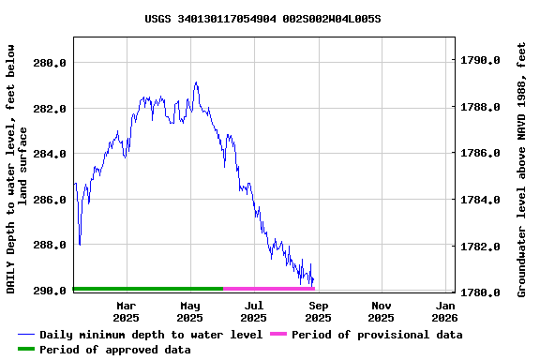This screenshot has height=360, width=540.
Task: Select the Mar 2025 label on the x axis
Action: pos(126,311)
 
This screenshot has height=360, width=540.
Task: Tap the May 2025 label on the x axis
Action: pos(190,311)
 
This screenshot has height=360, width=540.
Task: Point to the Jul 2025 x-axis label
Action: pos(254,311)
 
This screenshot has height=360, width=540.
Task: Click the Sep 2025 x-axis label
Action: pos(319,311)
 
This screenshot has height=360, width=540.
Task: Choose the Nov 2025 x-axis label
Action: pos(382,311)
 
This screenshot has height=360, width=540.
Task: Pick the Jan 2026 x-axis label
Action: pos(446,311)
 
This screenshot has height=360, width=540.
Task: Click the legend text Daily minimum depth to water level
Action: pos(151,335)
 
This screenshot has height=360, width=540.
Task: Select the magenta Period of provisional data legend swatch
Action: pos(277,335)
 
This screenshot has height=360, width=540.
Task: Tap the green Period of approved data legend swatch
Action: pos(26,350)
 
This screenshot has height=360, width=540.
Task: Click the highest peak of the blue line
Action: pos(196,82)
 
